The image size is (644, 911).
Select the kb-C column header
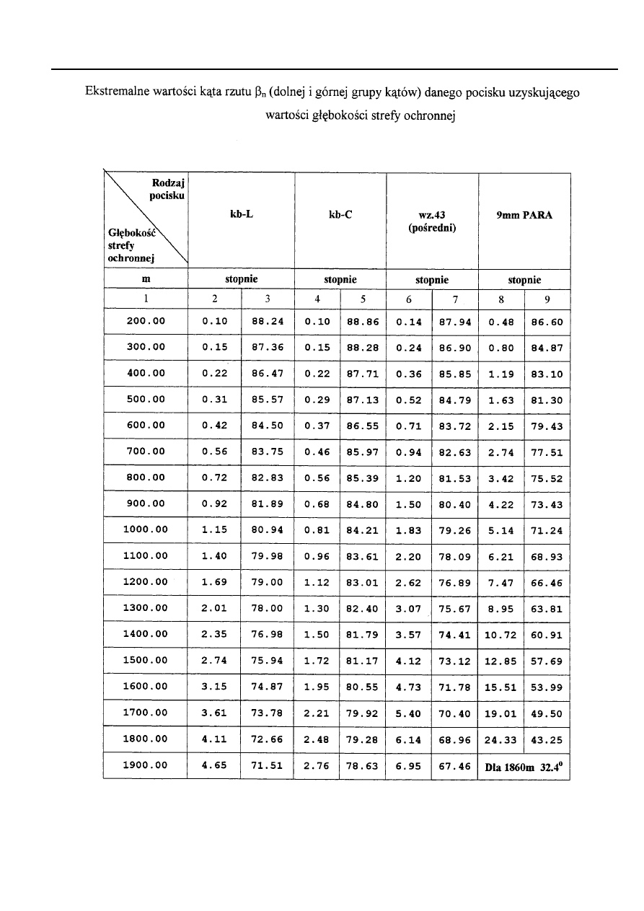340,214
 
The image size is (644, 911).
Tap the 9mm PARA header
524,214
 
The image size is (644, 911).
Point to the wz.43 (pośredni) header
432,221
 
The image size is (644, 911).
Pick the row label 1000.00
146,529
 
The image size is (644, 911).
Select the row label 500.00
146,399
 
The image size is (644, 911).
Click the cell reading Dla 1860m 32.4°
524,766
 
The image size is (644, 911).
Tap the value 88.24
267,321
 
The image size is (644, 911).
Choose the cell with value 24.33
500,739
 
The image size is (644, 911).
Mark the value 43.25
547,739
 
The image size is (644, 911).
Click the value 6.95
409,766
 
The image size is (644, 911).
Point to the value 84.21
362,529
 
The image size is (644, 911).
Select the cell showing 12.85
500,661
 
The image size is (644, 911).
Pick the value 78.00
267,608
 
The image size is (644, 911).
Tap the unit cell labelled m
146,279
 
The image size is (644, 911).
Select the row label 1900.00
146,766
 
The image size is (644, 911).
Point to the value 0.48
500,321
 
